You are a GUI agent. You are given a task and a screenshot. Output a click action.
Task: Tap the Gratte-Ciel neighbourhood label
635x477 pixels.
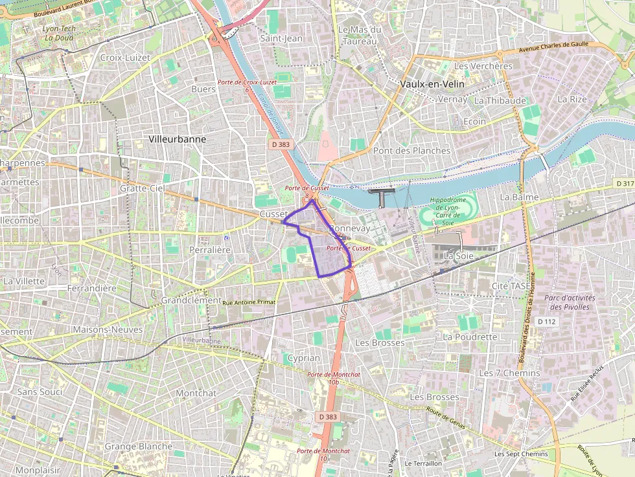click(142, 188)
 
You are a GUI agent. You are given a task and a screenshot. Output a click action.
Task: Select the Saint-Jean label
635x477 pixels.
click(281, 39)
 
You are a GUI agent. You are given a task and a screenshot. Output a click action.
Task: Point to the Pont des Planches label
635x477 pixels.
click(411, 151)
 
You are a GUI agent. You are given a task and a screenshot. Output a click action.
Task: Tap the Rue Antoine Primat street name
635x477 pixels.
click(248, 302)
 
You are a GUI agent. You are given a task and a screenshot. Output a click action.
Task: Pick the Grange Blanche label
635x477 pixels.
click(139, 447)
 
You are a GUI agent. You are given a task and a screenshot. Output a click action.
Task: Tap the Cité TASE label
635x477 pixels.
click(511, 286)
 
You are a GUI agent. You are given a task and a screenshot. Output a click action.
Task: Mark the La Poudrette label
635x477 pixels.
click(470, 337)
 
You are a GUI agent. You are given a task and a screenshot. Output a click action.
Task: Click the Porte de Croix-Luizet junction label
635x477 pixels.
click(247, 83)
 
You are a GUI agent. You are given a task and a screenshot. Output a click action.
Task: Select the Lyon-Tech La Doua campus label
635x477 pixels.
click(58, 33)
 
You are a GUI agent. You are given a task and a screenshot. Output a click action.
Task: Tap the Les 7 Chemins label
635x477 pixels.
click(509, 373)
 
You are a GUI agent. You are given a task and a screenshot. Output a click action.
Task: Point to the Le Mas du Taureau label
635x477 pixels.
click(360, 35)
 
